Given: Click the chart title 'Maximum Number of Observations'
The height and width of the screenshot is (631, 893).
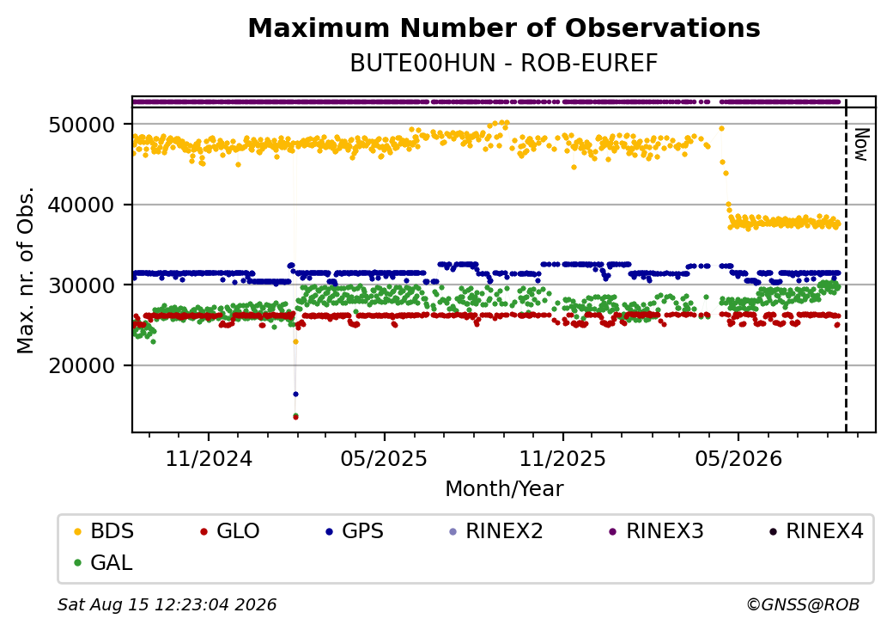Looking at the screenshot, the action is (x=504, y=28).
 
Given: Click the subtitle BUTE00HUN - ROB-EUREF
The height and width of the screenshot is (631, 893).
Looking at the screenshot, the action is (x=504, y=64).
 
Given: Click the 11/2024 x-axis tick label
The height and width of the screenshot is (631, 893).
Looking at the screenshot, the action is (x=209, y=458).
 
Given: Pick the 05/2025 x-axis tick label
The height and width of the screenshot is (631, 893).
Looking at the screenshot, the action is (x=384, y=458).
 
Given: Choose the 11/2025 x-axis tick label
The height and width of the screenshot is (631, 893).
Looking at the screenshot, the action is (x=562, y=458).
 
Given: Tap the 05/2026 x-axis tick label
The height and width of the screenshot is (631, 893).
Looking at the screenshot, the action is (x=738, y=458).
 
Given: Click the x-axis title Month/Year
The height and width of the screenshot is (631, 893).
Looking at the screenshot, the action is (x=504, y=488).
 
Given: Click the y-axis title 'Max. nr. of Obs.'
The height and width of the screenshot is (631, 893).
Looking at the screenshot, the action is (x=26, y=270).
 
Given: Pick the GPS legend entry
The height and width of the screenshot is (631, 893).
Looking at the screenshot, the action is (x=355, y=531).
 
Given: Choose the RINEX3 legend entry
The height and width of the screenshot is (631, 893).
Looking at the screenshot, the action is (x=656, y=531).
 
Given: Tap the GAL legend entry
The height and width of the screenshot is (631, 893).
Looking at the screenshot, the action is (x=104, y=562).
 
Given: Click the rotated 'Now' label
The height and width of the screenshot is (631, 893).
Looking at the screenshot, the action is (x=862, y=144).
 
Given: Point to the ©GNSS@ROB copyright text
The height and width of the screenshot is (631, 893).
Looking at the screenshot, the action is (x=803, y=604).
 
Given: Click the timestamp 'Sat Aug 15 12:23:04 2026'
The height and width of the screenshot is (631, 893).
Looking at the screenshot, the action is (x=167, y=604).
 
